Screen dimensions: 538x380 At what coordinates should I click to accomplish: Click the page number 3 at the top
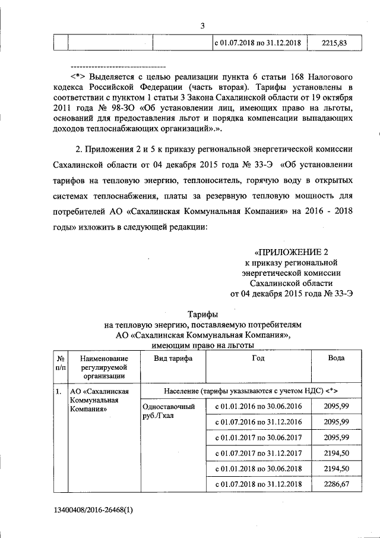tap(202, 26)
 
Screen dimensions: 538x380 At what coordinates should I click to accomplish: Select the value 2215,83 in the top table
tap(334, 43)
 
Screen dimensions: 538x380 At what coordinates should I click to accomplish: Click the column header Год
tap(258, 358)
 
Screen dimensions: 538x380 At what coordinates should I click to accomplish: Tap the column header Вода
tap(336, 358)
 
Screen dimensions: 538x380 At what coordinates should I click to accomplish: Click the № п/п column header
tap(60, 363)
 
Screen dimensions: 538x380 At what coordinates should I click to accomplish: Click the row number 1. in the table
tap(58, 392)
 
